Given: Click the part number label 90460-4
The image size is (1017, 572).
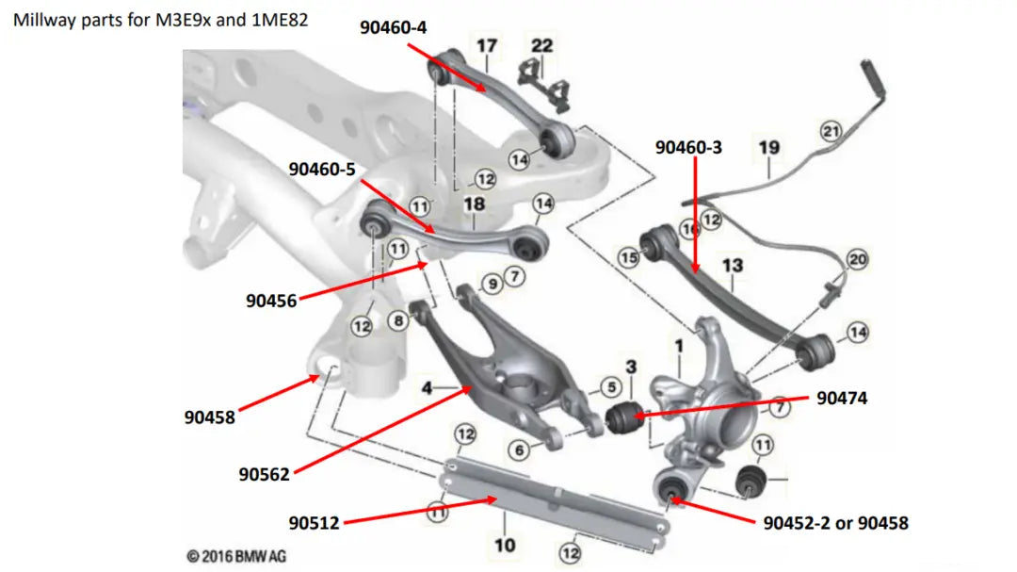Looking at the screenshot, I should click(x=393, y=27).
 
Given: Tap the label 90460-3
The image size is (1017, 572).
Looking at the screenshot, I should click(x=689, y=147).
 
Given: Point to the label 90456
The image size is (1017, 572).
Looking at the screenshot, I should click(x=271, y=301).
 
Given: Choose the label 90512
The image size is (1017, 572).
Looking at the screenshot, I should click(x=315, y=521).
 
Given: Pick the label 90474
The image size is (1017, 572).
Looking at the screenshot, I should click(x=841, y=399).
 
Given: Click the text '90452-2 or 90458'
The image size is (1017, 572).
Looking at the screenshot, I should click(x=835, y=521).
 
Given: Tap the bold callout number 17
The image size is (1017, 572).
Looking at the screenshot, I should click(x=486, y=45).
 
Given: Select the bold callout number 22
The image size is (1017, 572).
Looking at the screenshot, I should click(x=542, y=45).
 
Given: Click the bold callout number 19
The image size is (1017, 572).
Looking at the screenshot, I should click(x=768, y=147).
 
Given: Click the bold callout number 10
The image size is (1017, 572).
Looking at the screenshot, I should click(x=505, y=545).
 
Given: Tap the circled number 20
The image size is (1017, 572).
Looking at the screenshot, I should click(x=856, y=259).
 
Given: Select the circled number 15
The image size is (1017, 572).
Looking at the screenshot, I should click(x=628, y=256).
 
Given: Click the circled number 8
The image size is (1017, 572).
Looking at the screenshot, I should click(x=398, y=320).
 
